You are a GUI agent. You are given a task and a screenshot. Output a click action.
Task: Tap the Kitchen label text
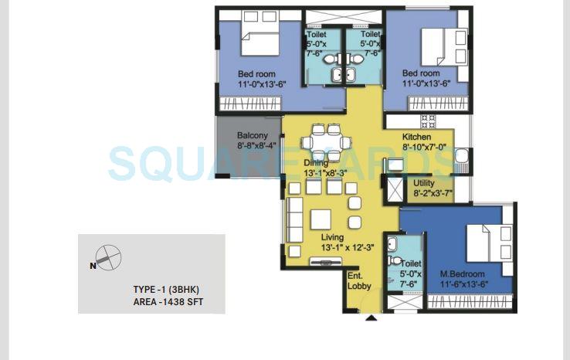coord(416,137)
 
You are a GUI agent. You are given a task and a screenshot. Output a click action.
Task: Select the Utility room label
coord(424,183)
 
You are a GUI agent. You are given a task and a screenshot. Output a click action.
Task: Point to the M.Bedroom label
coord(462,274)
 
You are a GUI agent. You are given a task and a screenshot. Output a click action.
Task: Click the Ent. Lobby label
coord(359,280)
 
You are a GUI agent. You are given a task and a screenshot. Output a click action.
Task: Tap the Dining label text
coord(316,163)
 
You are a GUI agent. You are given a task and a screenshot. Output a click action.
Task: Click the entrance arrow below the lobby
coord(372,316)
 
